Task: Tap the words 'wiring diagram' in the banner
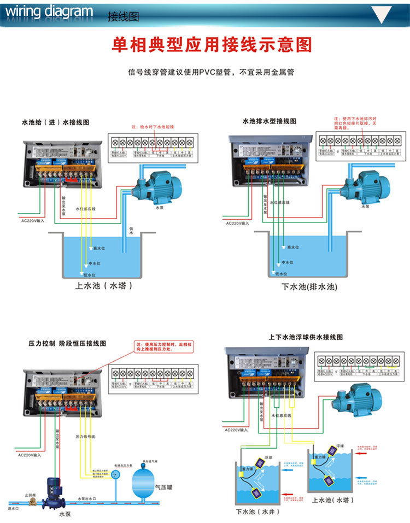coord(49,11)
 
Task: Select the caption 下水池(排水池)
coord(309,286)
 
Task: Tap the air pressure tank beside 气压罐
coord(144,483)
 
